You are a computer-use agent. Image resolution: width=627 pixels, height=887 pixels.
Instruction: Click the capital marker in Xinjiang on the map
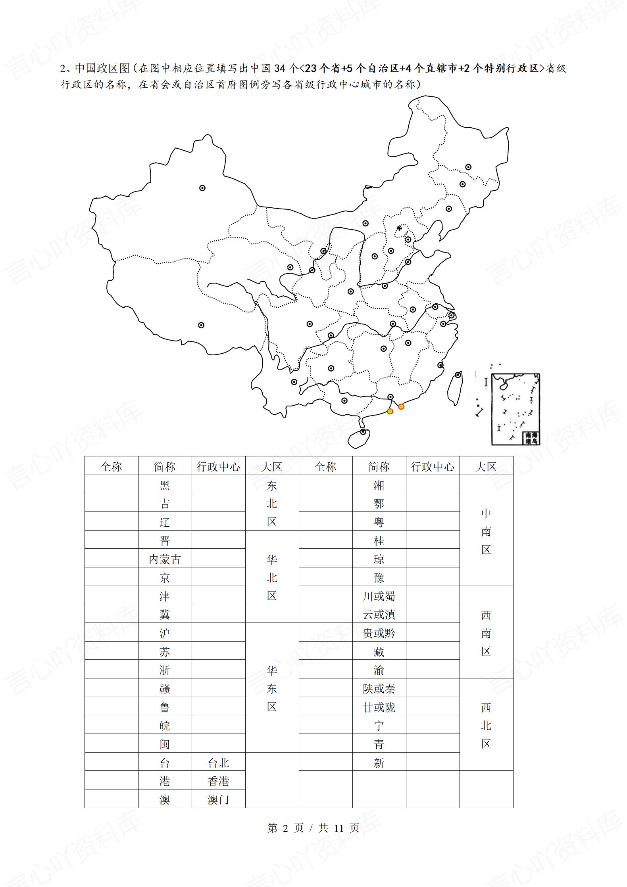click(x=202, y=188)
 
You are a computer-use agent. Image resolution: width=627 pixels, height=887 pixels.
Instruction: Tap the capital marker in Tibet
click(x=201, y=325)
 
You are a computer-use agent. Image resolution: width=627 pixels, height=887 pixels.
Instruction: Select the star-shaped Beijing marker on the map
click(x=399, y=228)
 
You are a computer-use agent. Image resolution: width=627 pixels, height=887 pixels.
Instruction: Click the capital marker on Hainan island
click(x=363, y=431)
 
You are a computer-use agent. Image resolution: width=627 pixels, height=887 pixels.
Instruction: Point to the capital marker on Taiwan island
click(x=458, y=375)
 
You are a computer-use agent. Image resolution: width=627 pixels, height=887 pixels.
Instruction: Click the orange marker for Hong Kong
click(x=401, y=406)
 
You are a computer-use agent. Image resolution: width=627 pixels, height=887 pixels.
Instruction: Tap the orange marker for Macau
click(x=390, y=411)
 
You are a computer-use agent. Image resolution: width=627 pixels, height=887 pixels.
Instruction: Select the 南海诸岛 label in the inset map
click(x=531, y=438)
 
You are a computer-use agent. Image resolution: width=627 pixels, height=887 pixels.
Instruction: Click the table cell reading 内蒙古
click(x=165, y=559)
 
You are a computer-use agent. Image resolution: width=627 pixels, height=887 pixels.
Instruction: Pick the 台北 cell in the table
click(x=218, y=763)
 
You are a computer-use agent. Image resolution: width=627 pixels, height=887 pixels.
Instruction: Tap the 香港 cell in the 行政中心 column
click(x=218, y=781)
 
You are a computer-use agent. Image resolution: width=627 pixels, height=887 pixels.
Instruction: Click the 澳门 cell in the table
click(x=218, y=800)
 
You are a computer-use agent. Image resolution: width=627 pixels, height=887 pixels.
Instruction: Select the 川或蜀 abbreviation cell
click(x=379, y=596)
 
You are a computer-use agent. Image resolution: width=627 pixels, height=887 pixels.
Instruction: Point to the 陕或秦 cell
click(x=379, y=689)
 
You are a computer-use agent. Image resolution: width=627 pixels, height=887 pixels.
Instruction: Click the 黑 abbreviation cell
click(x=165, y=485)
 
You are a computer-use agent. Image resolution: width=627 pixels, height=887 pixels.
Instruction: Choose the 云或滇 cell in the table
click(x=379, y=615)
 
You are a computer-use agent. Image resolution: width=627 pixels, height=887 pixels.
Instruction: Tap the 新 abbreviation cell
click(x=379, y=763)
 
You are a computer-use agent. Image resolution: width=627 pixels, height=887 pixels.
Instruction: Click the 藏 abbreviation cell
click(x=379, y=652)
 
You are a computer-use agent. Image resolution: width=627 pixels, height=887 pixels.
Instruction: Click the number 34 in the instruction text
click(x=280, y=69)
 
